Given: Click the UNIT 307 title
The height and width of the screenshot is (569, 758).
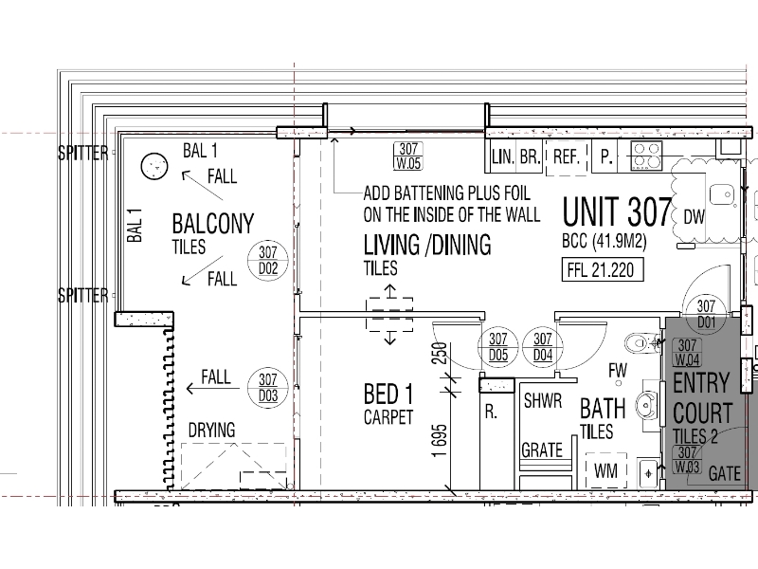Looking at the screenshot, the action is tap(618, 211).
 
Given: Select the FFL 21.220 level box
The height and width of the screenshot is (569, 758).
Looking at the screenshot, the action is tap(603, 270).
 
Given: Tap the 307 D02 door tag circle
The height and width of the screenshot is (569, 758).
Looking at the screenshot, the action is tap(268, 260).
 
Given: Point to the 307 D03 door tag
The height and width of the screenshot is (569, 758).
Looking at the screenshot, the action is tap(268, 388).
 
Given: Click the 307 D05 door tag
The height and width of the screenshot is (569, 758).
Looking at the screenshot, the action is tap(498, 347).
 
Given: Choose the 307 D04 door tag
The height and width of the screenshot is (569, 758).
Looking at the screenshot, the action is tap(542, 347).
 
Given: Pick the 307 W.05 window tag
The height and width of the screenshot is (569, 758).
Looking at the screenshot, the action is tap(408, 156).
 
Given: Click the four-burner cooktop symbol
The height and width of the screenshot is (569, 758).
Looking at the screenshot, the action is tap(646, 156).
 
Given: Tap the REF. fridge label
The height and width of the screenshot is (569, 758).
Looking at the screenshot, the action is tap(566, 156).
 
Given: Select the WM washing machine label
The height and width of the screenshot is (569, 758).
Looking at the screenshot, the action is tap(605, 470).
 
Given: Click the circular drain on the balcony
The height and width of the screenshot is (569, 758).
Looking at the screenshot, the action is tap(154, 166).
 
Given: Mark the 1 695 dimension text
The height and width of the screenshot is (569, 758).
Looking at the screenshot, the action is tap(440, 441).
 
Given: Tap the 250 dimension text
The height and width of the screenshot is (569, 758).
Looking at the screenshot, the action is tap(440, 353).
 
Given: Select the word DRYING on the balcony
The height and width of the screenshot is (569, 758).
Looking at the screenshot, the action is tap(211, 431).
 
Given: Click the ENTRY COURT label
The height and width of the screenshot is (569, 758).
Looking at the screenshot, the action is tap(702, 397).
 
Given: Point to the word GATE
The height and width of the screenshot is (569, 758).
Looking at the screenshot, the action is tap(724, 473).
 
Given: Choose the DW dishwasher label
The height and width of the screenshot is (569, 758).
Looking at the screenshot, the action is tap(695, 217).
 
